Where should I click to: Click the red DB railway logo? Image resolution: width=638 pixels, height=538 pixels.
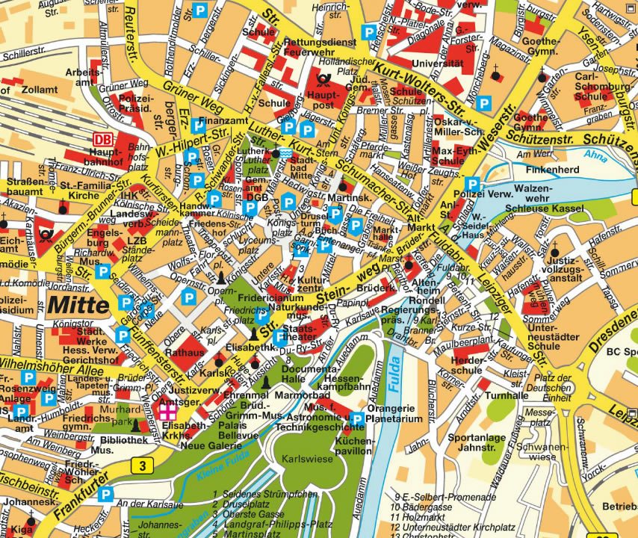click(102, 139)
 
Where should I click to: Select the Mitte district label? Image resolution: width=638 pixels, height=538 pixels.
click(78, 305)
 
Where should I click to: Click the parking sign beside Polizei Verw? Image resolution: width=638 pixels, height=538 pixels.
click(472, 184)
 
